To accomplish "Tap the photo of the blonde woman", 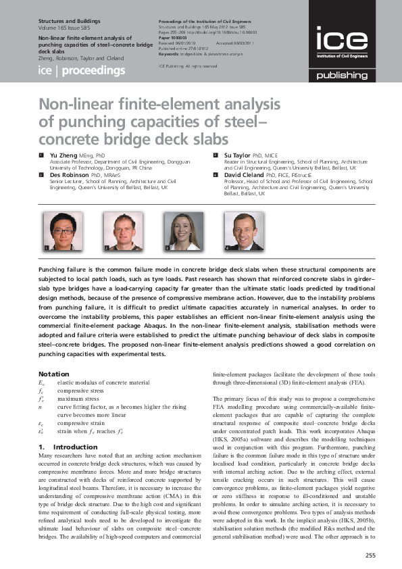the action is click(183, 232).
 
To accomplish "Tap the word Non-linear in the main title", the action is click(72, 105).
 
